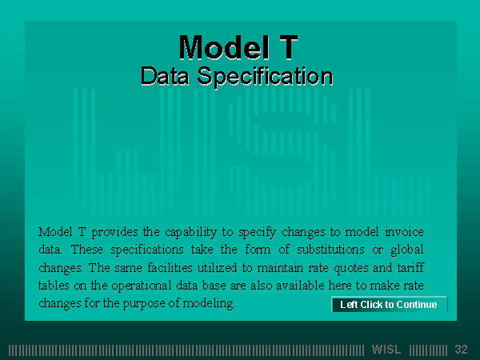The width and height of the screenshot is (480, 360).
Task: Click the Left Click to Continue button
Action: coord(390,304)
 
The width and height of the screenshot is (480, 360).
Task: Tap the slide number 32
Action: coord(461,350)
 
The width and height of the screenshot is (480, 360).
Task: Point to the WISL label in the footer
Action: coord(386,350)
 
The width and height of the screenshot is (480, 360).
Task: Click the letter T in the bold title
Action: coord(287,47)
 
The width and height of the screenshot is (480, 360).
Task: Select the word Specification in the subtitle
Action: coord(265,77)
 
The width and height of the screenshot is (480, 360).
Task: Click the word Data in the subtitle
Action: coord(165,76)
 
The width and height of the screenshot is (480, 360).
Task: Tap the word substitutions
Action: coord(330,249)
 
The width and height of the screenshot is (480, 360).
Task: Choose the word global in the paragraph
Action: coord(407,250)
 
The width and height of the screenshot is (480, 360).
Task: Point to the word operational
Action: coord(141,286)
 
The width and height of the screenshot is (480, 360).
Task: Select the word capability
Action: coord(190,233)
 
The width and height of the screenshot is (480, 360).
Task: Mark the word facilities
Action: coord(170,267)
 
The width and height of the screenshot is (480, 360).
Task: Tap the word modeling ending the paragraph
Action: coord(209,304)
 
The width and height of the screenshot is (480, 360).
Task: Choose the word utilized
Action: coord(217,267)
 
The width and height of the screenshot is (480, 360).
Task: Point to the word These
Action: coord(87,250)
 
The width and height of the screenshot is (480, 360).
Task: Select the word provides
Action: coord(114,233)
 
